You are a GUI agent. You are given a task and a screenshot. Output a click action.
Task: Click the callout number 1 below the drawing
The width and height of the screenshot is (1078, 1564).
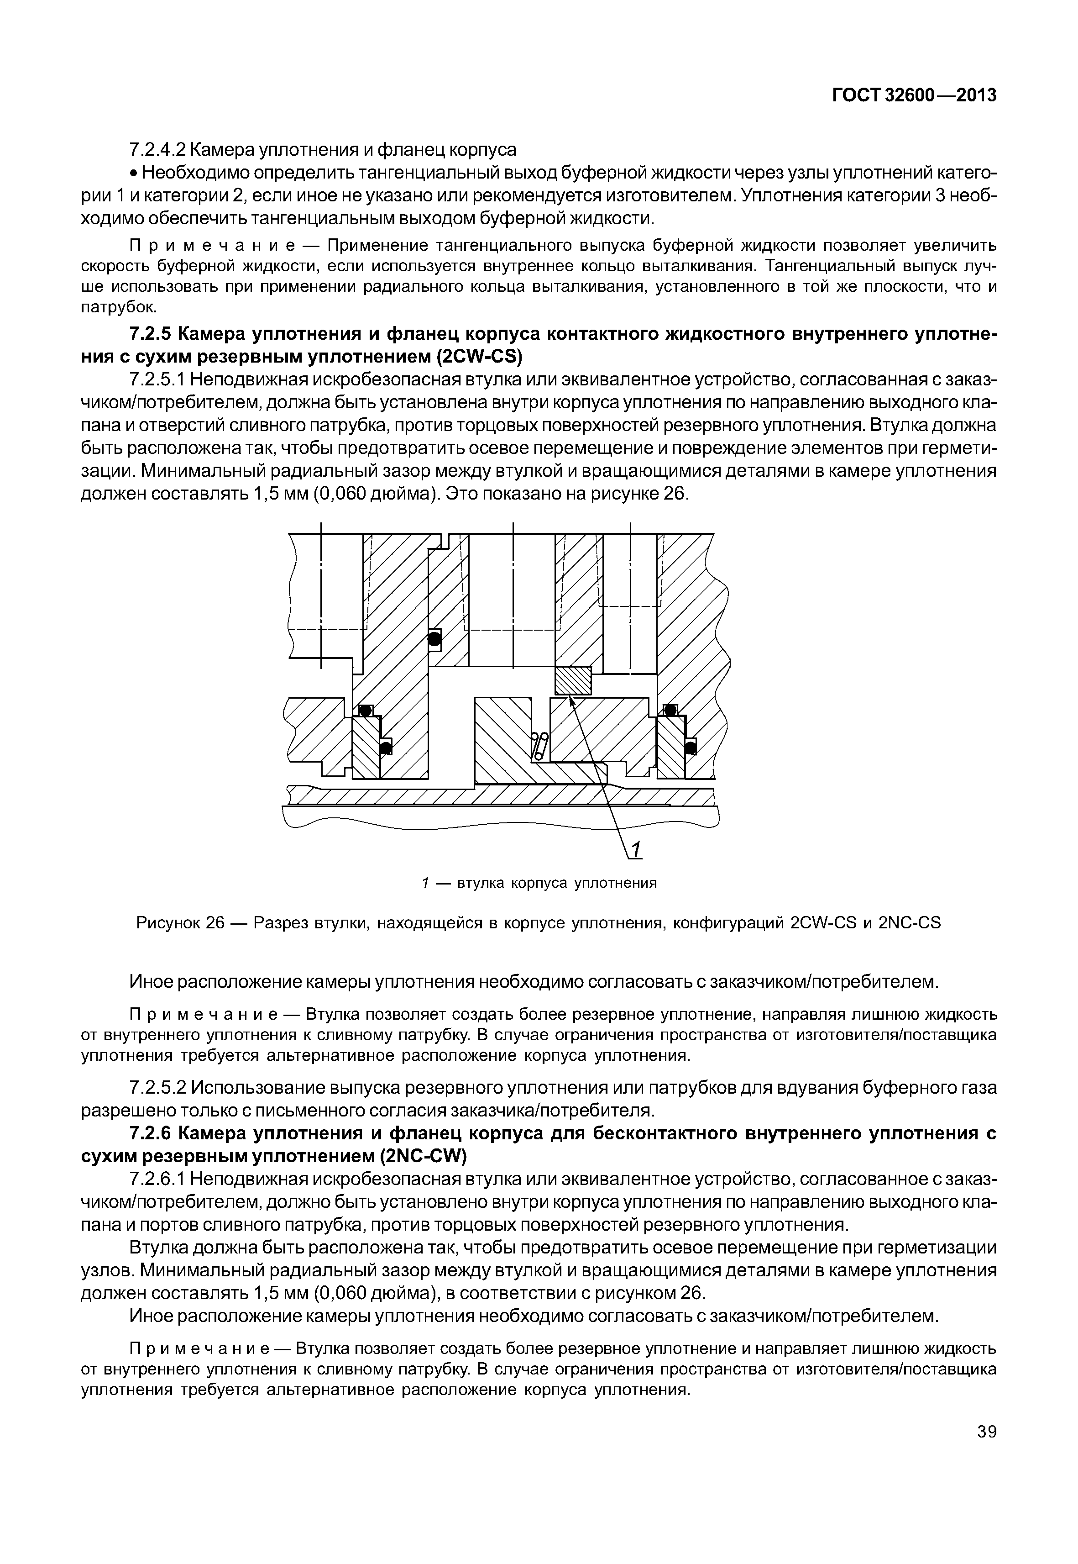[x=636, y=850]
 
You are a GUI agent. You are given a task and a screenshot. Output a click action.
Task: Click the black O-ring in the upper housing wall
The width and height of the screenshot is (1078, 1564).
[x=434, y=638]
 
